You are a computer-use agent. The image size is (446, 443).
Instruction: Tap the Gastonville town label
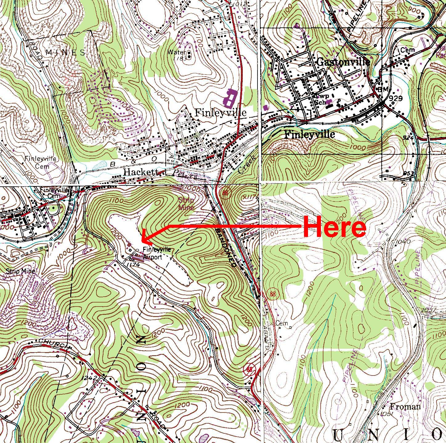[x=343, y=62]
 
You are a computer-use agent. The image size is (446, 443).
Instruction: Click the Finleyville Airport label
[x=156, y=254]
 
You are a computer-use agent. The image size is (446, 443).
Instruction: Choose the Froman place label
[x=405, y=407]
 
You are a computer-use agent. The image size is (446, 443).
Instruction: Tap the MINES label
[x=65, y=53]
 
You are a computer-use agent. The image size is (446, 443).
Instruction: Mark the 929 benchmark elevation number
[x=396, y=98]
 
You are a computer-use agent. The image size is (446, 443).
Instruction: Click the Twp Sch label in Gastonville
[x=320, y=99]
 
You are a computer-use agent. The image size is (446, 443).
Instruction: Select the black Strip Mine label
[x=21, y=271]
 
